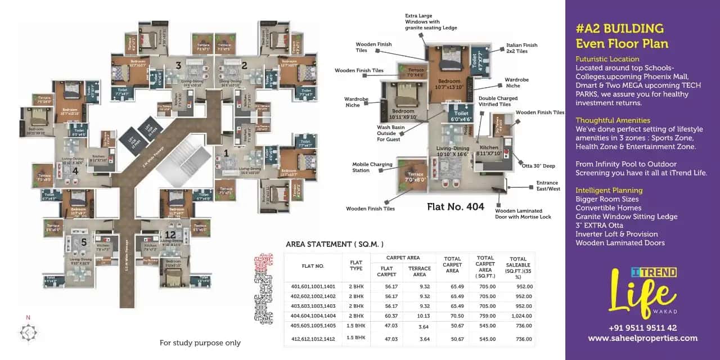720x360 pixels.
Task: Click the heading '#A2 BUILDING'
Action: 619,28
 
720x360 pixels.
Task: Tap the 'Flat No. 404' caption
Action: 456,206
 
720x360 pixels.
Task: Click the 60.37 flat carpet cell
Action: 391,316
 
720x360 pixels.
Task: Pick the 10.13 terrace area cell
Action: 420,316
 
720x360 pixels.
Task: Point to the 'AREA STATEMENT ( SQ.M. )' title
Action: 335,244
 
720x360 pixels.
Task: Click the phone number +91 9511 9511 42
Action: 642,328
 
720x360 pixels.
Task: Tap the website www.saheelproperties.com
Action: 642,338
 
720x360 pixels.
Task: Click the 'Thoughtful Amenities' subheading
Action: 613,120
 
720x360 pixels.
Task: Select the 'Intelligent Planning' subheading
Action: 609,190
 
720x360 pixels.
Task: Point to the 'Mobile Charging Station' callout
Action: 372,167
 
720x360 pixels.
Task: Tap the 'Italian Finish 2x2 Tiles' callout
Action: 522,48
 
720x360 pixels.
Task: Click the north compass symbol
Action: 28,331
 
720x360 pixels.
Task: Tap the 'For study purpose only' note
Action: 200,343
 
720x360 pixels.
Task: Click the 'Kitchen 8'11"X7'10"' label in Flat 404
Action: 489,150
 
